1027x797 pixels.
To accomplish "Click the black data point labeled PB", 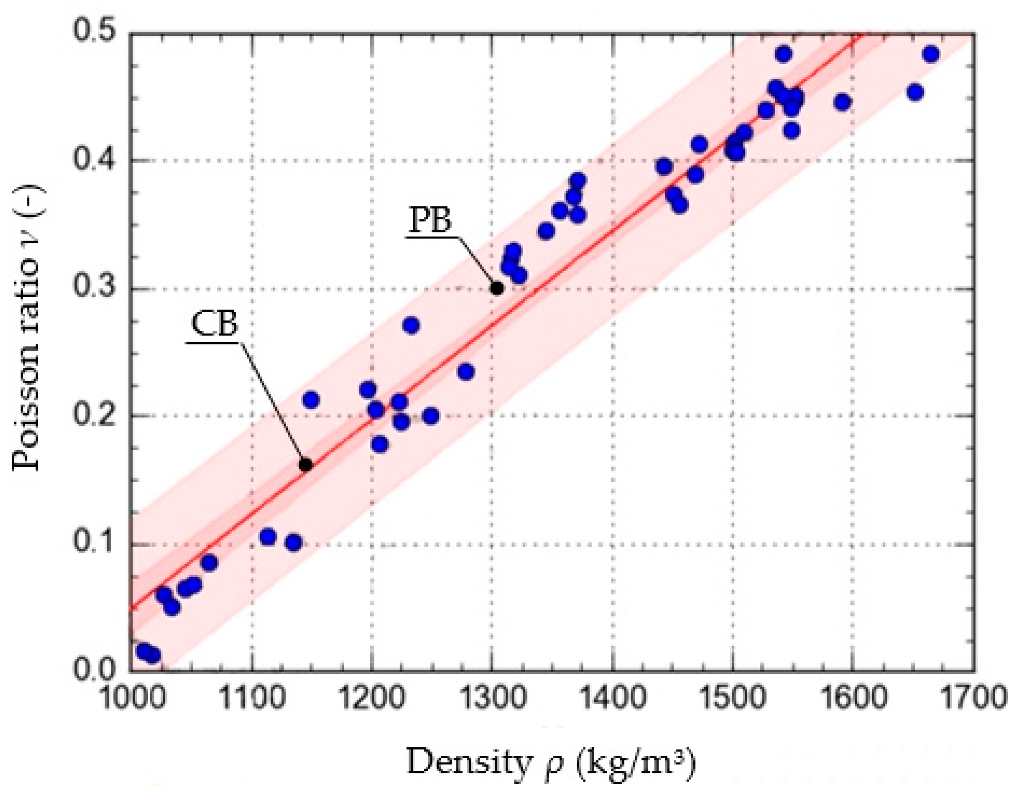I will (497, 288).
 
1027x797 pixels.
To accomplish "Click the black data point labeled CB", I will (305, 465).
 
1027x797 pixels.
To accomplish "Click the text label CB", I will (214, 324).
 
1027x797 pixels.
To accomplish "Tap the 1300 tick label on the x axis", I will (493, 698).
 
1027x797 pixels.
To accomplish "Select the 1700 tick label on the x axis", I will (973, 698).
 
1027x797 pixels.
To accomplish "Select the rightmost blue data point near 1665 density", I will (930, 54).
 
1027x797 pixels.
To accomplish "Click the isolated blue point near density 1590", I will (842, 102).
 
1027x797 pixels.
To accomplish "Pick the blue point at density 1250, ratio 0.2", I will (430, 416).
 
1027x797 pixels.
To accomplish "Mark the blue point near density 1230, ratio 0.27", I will (411, 325).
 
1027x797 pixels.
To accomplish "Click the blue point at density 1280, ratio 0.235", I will (466, 372).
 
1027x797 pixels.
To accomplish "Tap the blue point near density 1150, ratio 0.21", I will (311, 400).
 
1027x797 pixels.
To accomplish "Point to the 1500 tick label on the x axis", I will (732, 698).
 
